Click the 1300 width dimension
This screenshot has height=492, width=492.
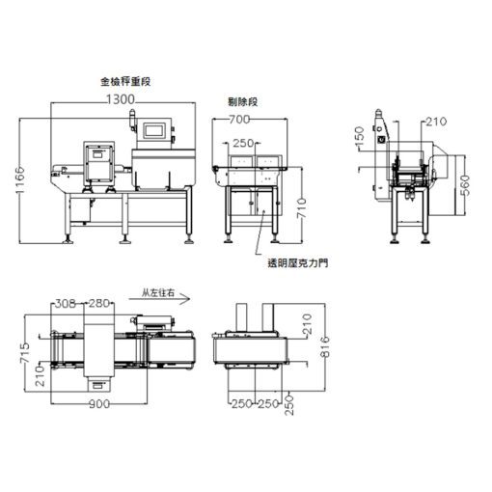[121, 99]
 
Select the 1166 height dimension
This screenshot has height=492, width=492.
[20, 180]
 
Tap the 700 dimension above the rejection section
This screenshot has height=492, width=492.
[239, 120]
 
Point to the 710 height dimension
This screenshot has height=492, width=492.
[301, 208]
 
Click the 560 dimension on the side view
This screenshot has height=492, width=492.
[465, 185]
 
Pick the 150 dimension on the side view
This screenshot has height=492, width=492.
[359, 134]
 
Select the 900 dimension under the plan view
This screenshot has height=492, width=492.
[99, 404]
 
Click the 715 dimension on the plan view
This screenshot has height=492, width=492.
[24, 353]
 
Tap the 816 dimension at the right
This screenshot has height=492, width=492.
[325, 346]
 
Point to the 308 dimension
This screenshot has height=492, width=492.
[66, 303]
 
